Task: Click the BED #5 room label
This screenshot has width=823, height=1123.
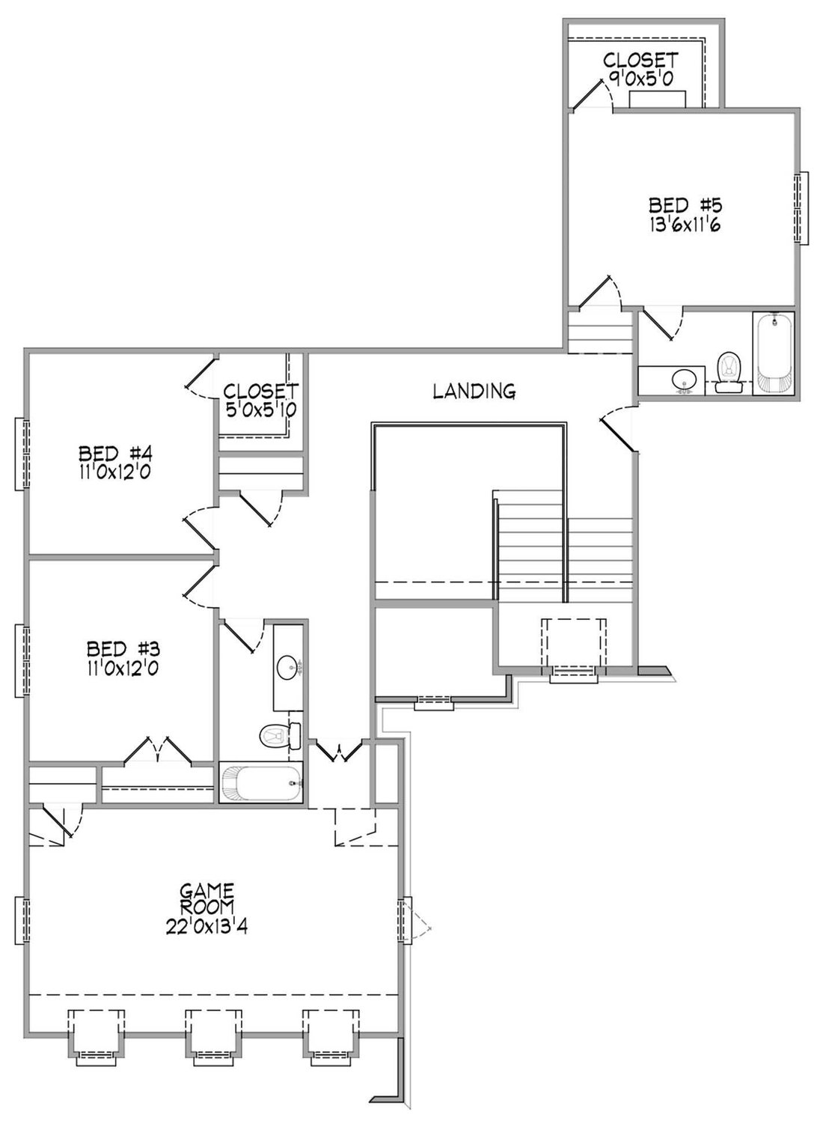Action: (x=685, y=205)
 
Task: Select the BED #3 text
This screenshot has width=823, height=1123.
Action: (x=123, y=649)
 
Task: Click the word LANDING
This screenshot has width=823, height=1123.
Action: (x=474, y=391)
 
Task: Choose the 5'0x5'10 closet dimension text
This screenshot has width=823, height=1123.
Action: (x=260, y=410)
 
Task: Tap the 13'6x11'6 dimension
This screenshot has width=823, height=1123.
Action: (x=685, y=225)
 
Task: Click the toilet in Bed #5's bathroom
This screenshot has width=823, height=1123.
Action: (x=729, y=373)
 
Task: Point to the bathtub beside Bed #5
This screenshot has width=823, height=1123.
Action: (x=774, y=353)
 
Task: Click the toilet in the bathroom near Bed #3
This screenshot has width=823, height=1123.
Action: (x=281, y=736)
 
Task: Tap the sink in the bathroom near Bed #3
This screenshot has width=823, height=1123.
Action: (x=287, y=667)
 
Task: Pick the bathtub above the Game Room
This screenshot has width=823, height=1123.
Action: (x=261, y=783)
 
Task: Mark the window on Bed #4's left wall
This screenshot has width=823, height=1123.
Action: (x=23, y=454)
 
